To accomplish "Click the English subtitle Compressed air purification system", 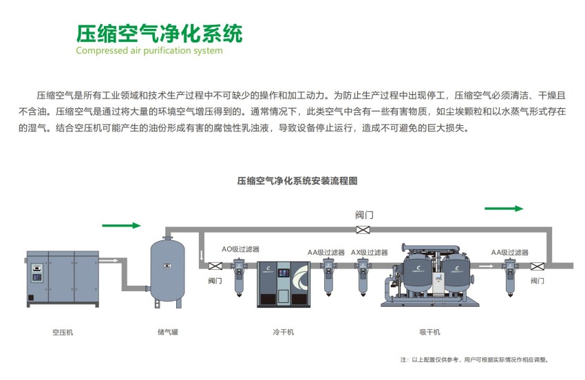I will tap(149, 50).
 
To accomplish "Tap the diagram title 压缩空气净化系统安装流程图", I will tap(297, 181).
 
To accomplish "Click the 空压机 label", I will tap(63, 332).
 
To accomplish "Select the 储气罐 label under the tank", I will tap(167, 332).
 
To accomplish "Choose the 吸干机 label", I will tap(429, 332).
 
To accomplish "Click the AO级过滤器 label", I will tap(240, 249).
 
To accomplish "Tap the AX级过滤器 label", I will tap(369, 253).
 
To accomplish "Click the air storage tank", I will tap(167, 269).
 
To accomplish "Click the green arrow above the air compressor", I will tap(121, 225).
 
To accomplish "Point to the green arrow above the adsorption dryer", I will tap(504, 208).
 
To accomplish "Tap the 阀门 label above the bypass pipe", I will tap(364, 215).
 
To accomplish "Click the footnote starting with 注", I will tap(475, 359).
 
